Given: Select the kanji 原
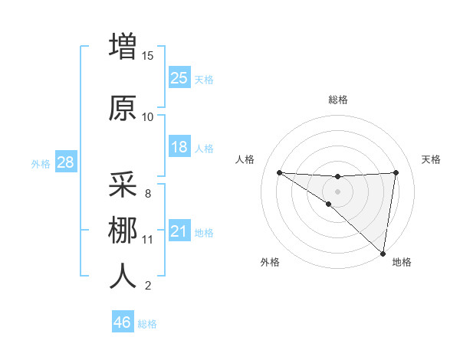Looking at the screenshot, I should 123,108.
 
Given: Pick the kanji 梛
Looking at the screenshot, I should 123,231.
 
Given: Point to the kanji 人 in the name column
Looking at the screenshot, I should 123,277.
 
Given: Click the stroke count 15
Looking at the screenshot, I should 148,56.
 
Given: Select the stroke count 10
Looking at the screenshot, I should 148,117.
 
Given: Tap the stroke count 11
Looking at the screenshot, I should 148,240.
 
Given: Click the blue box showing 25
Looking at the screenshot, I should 179,77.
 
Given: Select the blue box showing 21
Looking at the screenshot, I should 179,231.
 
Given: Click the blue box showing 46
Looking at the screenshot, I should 123,322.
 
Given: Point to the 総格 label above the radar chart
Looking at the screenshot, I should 337,100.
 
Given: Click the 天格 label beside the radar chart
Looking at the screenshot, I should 431,159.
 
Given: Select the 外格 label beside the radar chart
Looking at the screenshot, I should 270,262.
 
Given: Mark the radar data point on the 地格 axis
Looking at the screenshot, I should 383,254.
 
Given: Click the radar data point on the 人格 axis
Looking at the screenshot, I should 279,172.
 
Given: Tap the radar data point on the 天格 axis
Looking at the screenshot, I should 396,172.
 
